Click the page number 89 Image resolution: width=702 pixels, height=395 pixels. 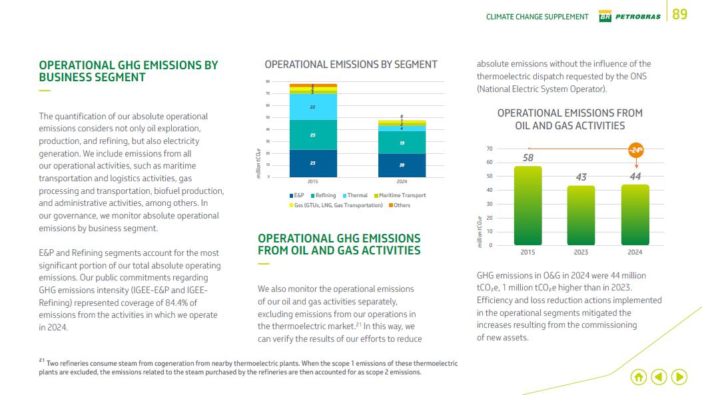[679, 15]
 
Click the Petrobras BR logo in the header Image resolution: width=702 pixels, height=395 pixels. [605, 16]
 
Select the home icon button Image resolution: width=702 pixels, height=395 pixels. [638, 377]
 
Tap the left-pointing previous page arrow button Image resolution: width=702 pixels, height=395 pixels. [659, 377]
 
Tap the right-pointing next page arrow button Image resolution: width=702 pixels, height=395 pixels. [679, 377]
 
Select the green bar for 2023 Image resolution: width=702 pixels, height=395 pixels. [581, 216]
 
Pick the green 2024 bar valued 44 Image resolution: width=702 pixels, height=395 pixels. [635, 215]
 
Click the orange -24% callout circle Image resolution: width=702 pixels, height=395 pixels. [636, 151]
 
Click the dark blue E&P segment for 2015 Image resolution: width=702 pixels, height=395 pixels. [312, 163]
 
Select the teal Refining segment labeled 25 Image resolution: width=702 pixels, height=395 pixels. [312, 135]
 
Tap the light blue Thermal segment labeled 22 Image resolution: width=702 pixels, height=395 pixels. [312, 107]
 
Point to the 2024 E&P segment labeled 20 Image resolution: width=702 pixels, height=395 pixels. [402, 165]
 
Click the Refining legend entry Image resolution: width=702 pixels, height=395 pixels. [323, 195]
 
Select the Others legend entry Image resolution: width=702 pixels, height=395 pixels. [400, 205]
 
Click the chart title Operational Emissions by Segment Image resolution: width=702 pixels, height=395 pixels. [350, 65]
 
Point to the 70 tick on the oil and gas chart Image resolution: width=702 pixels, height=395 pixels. [489, 149]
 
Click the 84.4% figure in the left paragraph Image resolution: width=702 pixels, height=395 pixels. [170, 303]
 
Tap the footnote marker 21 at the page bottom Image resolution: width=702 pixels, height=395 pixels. [42, 360]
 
